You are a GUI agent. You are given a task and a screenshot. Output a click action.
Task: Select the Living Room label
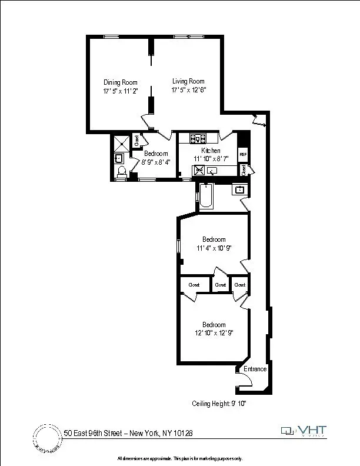(188, 81)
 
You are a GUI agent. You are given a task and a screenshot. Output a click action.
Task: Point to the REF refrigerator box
(242, 154)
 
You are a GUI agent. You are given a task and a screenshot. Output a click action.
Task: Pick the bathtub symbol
(206, 197)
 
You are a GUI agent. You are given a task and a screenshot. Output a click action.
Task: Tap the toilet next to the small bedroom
(122, 171)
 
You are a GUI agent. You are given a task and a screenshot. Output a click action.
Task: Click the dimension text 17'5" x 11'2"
(120, 91)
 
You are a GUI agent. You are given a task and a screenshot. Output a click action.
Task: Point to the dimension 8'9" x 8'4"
(156, 162)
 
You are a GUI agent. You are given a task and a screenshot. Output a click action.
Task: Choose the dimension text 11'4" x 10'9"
(214, 248)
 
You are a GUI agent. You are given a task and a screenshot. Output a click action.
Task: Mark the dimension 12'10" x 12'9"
(214, 334)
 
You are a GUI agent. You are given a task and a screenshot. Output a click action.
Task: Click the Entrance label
(256, 369)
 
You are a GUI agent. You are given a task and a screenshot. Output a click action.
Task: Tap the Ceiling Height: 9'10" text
(223, 404)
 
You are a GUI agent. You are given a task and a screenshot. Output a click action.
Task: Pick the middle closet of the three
(221, 285)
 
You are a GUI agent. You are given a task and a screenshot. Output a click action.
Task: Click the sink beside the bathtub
(239, 189)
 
